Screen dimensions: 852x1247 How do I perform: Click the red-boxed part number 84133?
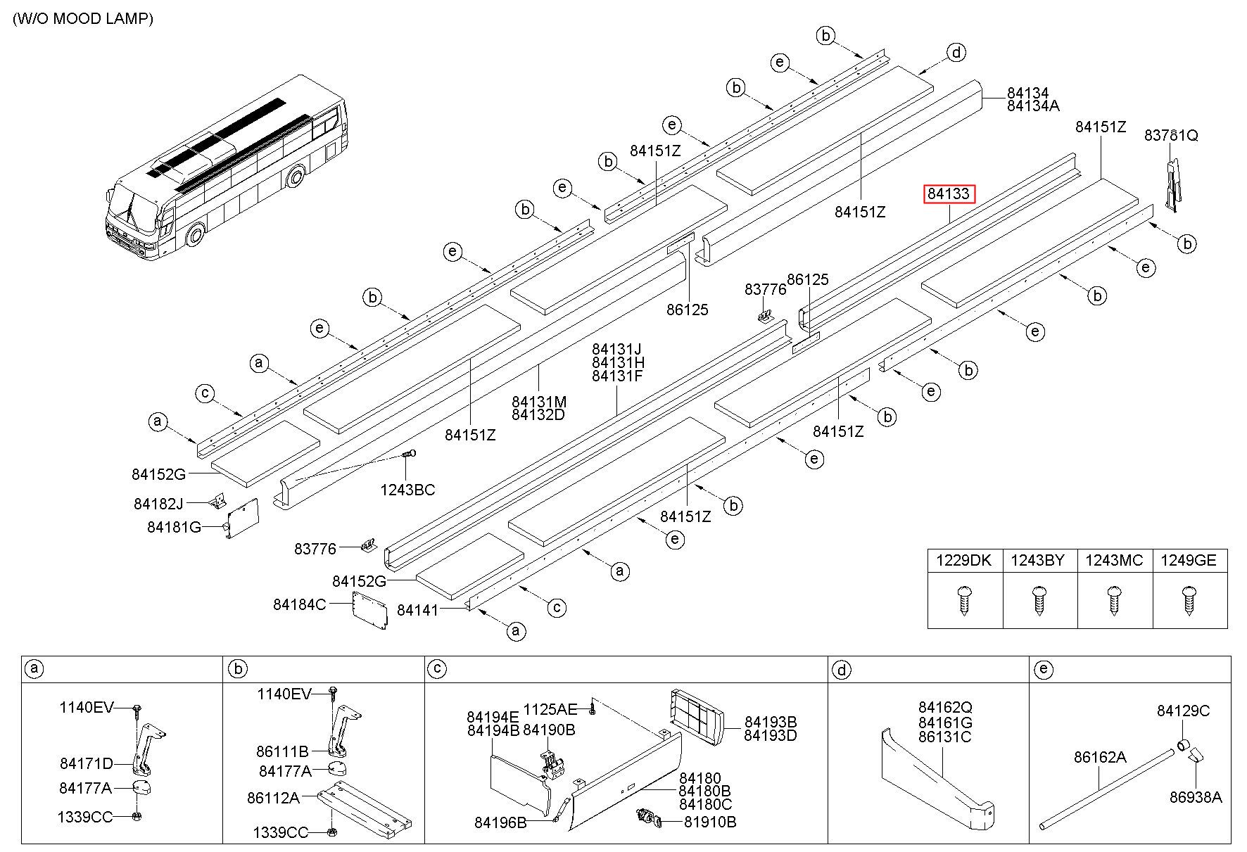[949, 193]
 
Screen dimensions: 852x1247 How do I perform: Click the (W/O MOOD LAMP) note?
[83, 19]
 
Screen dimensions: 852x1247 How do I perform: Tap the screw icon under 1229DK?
[964, 600]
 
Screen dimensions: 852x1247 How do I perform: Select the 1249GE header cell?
[1189, 561]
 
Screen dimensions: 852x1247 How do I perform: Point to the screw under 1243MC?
[1114, 600]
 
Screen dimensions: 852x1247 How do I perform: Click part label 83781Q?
[1171, 135]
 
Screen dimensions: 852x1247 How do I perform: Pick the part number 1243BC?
[407, 490]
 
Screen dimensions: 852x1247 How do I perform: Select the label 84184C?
[299, 604]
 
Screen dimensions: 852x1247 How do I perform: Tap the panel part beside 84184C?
[369, 609]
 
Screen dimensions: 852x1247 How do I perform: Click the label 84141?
[417, 610]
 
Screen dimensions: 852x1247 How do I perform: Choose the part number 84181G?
[174, 527]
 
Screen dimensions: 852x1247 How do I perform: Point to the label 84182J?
[158, 504]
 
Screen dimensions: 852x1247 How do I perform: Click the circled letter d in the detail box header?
[841, 670]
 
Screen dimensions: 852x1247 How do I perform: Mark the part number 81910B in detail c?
[710, 822]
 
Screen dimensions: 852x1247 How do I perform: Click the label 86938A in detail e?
[1196, 797]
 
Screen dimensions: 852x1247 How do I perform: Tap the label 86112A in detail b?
[273, 798]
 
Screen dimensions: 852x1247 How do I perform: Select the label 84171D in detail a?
[86, 763]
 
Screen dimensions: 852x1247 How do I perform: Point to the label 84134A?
[1032, 106]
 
